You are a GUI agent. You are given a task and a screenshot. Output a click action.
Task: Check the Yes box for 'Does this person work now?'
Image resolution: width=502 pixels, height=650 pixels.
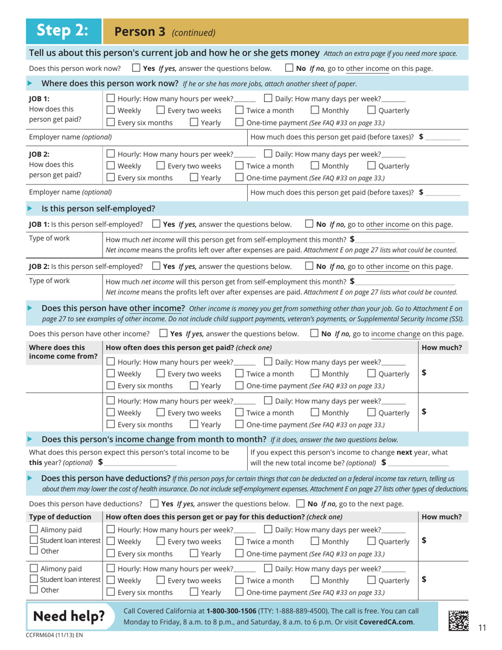click(x=136, y=68)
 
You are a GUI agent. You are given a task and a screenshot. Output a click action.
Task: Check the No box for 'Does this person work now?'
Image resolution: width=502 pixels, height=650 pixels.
click(x=289, y=68)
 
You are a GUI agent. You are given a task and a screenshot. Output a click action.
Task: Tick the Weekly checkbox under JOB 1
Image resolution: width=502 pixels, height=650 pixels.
click(x=110, y=110)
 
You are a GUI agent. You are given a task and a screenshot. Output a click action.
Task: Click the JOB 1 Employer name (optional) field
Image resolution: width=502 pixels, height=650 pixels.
click(x=174, y=137)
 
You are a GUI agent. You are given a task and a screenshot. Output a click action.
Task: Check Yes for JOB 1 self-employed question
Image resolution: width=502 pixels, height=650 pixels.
click(x=157, y=224)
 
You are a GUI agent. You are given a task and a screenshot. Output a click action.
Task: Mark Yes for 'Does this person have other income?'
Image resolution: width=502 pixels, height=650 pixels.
click(x=164, y=333)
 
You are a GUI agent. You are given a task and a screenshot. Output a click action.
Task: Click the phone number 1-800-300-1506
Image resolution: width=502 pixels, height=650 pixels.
click(x=237, y=610)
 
